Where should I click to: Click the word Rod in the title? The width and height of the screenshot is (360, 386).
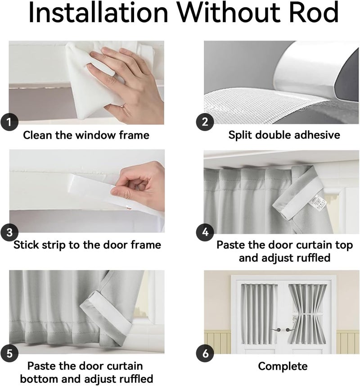(x=315, y=12)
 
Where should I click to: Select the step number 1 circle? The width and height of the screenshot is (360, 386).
(x=9, y=122)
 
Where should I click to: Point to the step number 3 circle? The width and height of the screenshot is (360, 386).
(x=9, y=232)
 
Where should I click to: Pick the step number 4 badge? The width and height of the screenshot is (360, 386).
(x=205, y=232)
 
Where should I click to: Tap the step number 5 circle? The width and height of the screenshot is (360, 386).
(x=9, y=354)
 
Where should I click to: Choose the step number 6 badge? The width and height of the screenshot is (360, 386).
(x=205, y=354)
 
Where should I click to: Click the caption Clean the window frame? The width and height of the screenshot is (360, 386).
(x=86, y=135)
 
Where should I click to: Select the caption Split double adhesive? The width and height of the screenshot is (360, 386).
(x=284, y=135)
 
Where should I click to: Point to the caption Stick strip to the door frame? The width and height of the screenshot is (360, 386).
(x=87, y=245)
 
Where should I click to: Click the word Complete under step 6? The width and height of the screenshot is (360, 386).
(x=283, y=366)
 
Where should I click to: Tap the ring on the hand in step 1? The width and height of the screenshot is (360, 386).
(x=122, y=106)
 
